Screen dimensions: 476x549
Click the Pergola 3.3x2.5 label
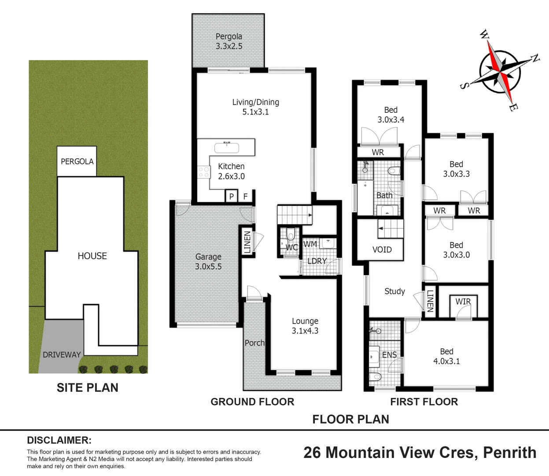point(228,41)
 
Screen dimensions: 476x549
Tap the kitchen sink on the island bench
point(226,147)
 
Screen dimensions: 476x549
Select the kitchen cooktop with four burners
point(203,172)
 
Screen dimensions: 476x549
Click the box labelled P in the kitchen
point(232,197)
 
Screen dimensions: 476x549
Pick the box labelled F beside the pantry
point(246,197)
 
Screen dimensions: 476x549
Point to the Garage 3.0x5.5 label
point(208,261)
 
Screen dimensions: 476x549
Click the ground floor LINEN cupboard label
point(247,242)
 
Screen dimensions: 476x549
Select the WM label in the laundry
point(310,244)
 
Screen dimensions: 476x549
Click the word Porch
point(254,343)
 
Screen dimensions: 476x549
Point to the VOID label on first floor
point(382,249)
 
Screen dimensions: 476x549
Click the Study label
point(394,291)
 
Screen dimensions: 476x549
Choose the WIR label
point(463,301)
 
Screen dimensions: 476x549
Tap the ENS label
point(389,355)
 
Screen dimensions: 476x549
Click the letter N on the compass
point(535,58)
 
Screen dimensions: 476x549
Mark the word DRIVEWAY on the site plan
point(62,355)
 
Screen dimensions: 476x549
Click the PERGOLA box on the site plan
point(77,161)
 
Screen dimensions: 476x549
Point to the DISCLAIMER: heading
point(59,440)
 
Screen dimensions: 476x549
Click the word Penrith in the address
point(510,453)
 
